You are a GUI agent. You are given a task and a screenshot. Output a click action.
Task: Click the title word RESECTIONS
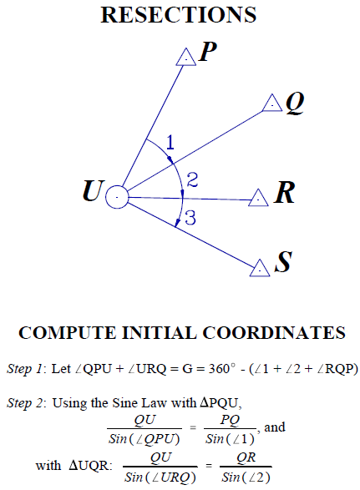(x=178, y=15)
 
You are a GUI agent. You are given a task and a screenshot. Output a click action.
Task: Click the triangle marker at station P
(x=186, y=58)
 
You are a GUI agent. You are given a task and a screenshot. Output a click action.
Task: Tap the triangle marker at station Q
(x=272, y=104)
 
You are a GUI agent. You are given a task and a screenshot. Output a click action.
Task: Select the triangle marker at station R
(x=258, y=198)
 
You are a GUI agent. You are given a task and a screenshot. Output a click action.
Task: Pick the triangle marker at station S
(x=260, y=268)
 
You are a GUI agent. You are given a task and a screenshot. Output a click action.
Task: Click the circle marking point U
(x=117, y=197)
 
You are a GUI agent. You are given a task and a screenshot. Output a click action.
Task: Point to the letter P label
(x=208, y=51)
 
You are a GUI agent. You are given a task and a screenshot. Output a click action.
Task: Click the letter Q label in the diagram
(x=295, y=104)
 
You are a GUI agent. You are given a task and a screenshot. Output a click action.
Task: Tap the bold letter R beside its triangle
(x=284, y=193)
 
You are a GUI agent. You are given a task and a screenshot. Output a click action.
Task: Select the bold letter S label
(x=284, y=261)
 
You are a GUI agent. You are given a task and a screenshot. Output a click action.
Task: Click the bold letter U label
(x=93, y=190)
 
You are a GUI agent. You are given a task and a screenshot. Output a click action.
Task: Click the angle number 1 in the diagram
(x=170, y=143)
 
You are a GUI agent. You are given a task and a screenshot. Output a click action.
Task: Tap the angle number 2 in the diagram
(x=192, y=180)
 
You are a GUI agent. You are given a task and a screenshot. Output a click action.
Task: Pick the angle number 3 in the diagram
(x=190, y=218)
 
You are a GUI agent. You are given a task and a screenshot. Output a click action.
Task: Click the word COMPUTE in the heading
(x=67, y=333)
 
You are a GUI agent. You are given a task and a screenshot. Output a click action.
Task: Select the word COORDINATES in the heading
(x=274, y=333)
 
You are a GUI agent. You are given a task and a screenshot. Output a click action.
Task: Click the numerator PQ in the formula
(x=230, y=420)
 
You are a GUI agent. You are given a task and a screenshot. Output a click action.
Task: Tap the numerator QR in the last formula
(x=246, y=457)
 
